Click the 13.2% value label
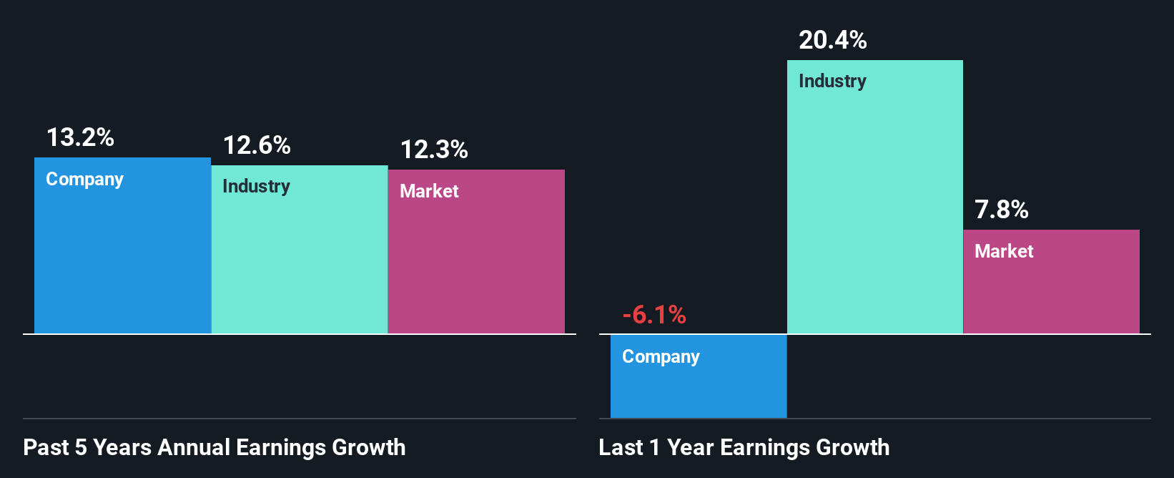click(x=80, y=137)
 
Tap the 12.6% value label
click(x=257, y=145)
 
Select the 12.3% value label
click(x=434, y=150)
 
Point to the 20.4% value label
click(x=832, y=40)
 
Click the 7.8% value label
click(x=1001, y=210)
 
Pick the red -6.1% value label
click(x=653, y=315)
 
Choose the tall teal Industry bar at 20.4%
click(x=874, y=215)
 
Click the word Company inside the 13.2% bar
click(x=84, y=179)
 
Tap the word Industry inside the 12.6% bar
click(x=256, y=187)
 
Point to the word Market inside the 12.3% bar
click(x=429, y=191)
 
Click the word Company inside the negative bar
click(x=661, y=356)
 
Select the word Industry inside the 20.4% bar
click(x=832, y=81)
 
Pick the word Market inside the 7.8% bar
click(x=1004, y=251)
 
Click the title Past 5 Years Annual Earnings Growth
click(x=214, y=447)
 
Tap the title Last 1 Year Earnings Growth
click(x=744, y=447)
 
